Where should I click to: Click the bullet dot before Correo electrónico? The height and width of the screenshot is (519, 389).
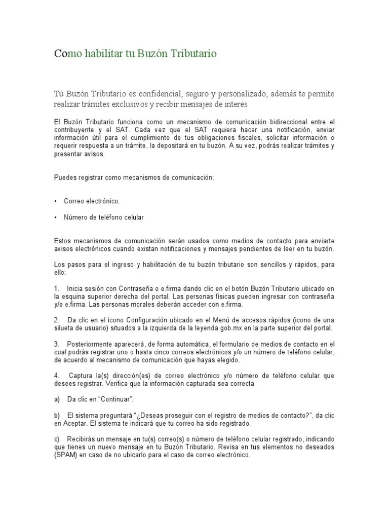click(55, 201)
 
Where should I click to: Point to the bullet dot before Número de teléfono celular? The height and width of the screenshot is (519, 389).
click(55, 217)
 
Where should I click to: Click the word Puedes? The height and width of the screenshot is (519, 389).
click(63, 177)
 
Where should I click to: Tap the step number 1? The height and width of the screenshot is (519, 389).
click(56, 288)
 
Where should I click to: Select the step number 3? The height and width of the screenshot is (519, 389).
click(56, 344)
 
